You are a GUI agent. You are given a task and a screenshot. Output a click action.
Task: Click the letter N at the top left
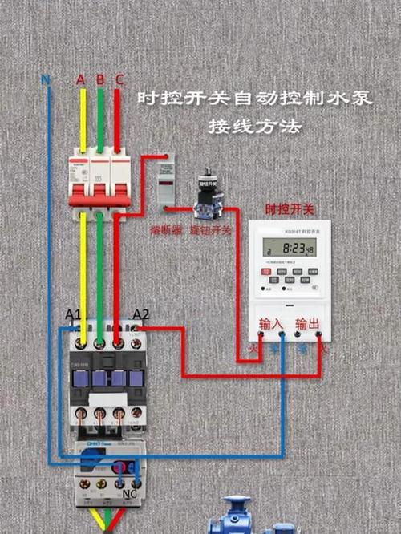pyautogui.click(x=45, y=81)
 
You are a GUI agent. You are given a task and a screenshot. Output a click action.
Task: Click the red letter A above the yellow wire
pyautogui.click(x=80, y=79)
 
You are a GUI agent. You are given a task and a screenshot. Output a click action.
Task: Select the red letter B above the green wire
pyautogui.click(x=100, y=79)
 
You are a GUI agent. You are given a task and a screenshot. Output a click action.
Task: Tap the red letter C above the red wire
pyautogui.click(x=119, y=79)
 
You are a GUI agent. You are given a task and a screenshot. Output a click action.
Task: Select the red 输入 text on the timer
pyautogui.click(x=271, y=324)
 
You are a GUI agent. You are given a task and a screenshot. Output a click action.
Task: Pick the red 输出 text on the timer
pyautogui.click(x=307, y=324)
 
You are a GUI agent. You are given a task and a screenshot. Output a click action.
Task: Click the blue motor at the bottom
pyautogui.click(x=241, y=517)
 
